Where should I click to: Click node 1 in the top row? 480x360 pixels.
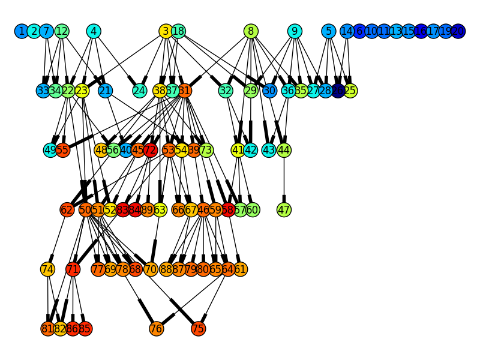point(22,31)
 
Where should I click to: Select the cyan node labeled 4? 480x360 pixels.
point(93,31)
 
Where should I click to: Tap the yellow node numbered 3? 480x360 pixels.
point(166,31)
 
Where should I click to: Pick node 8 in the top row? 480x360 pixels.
point(251,31)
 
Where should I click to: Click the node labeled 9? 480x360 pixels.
point(294,31)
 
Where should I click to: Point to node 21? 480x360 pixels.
point(105,91)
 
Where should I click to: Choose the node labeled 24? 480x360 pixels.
point(139,91)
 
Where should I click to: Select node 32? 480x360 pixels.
point(226,91)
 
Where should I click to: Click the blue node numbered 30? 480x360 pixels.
point(269,91)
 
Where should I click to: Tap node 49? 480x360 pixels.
point(50,150)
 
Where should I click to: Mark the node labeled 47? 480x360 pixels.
point(284,209)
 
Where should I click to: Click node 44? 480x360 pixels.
point(284,150)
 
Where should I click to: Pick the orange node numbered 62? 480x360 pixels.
point(67,209)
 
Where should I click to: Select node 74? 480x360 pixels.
point(47,269)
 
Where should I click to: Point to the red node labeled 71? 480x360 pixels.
point(73,269)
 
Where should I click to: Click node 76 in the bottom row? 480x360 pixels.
point(156,328)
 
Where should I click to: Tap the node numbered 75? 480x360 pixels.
point(198,328)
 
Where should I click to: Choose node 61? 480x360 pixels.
point(240,269)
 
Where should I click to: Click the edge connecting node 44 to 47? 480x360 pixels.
point(284,180)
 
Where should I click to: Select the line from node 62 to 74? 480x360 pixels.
point(58,239)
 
